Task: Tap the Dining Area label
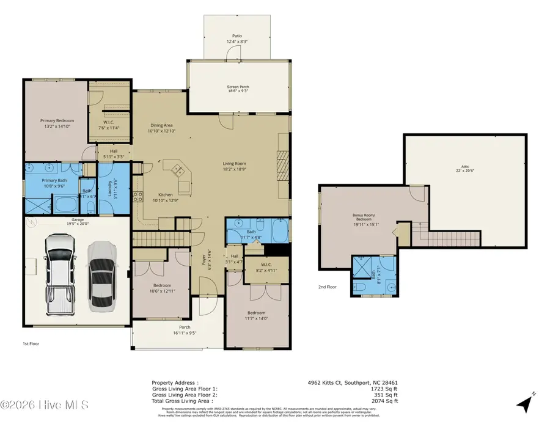[x=161, y=128]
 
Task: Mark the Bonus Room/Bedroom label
[x=365, y=217]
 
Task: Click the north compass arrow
[x=527, y=401]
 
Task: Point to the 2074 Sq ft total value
[x=383, y=401]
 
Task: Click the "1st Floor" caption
[x=31, y=344]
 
